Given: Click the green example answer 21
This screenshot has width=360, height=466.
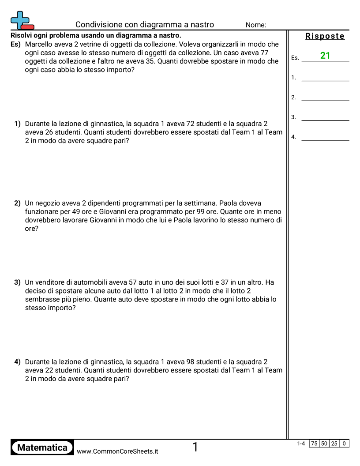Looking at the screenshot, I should coord(325,56).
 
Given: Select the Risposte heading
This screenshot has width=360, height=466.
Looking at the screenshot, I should coord(325,36).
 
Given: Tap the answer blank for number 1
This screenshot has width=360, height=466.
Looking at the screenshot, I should coord(325,78).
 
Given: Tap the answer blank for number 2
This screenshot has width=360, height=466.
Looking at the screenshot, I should coord(325,98).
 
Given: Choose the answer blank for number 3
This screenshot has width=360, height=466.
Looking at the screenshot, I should coord(325,117).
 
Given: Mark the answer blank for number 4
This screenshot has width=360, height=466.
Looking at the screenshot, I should coord(325,137).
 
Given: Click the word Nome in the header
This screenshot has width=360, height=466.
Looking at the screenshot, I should coord(255,25).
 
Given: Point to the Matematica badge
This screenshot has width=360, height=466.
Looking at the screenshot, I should coord(42,447).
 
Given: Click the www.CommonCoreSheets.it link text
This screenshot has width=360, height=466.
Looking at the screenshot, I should coord(117,451).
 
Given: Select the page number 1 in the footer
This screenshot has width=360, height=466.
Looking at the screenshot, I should coord(195,447).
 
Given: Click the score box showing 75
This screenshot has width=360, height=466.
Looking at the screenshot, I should coord(314,443).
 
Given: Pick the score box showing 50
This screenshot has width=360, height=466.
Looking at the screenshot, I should coord(324,443).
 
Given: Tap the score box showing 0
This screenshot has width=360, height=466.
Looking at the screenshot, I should coord(344,443).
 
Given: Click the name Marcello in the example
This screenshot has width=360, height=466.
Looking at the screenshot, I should coord(39,44).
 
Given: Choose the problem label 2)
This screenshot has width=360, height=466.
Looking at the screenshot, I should coord(18,203).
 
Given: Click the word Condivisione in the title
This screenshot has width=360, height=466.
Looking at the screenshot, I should coord(97,25).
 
